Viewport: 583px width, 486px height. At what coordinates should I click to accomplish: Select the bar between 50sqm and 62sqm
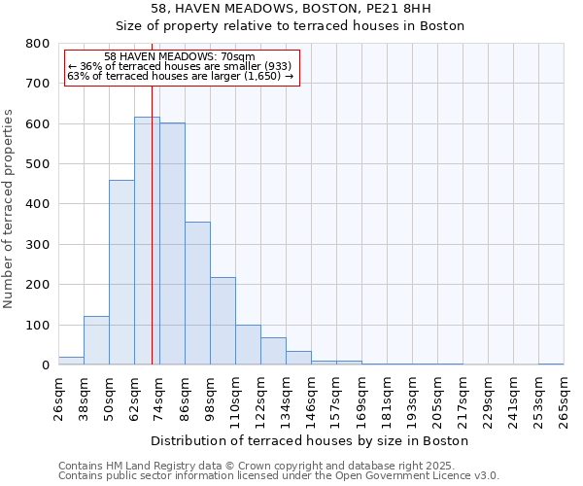click(x=121, y=272)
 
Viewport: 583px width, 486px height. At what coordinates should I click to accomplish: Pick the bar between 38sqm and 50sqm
click(x=96, y=340)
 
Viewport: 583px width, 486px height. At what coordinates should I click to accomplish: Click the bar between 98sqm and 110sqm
click(x=223, y=321)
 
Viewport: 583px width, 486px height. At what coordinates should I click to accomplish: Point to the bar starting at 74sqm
click(x=172, y=244)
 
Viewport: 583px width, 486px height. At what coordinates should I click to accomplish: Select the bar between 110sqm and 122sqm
click(x=248, y=345)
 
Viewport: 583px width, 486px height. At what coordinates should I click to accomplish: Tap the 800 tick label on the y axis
click(x=38, y=44)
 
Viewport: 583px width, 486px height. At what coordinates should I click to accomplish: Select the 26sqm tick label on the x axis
click(x=58, y=399)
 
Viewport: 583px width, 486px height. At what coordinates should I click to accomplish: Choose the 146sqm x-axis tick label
click(x=311, y=399)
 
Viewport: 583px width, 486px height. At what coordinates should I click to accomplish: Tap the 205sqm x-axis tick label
click(x=437, y=399)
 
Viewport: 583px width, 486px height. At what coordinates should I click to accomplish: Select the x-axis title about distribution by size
click(x=310, y=440)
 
